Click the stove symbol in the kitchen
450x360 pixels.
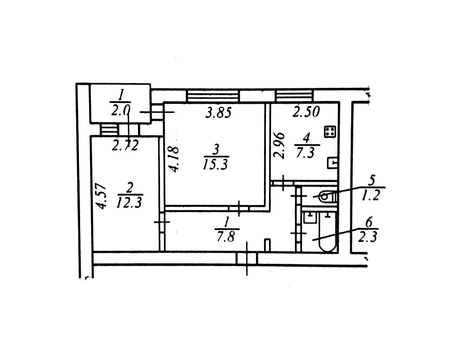click(x=330, y=132)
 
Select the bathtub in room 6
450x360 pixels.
click(x=327, y=232)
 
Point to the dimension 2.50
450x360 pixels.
click(x=306, y=112)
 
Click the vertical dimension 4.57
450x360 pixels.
click(x=102, y=196)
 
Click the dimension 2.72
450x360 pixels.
click(x=125, y=146)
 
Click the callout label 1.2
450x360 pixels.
click(x=371, y=196)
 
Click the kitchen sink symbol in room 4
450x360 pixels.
click(x=332, y=163)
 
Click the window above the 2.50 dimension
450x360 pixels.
click(x=295, y=96)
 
